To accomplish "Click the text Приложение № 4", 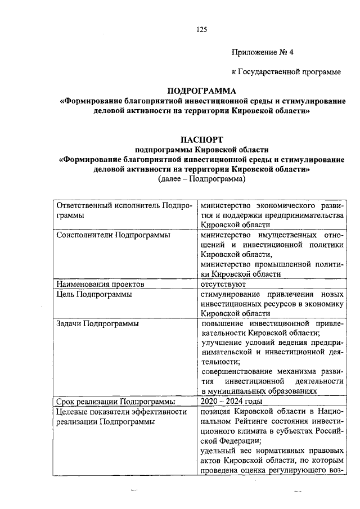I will [x=263, y=52].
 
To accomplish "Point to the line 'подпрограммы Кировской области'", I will [x=202, y=149].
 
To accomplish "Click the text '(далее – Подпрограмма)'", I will [x=202, y=179].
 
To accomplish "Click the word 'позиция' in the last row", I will [x=216, y=412].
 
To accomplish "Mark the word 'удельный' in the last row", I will [x=218, y=451].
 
